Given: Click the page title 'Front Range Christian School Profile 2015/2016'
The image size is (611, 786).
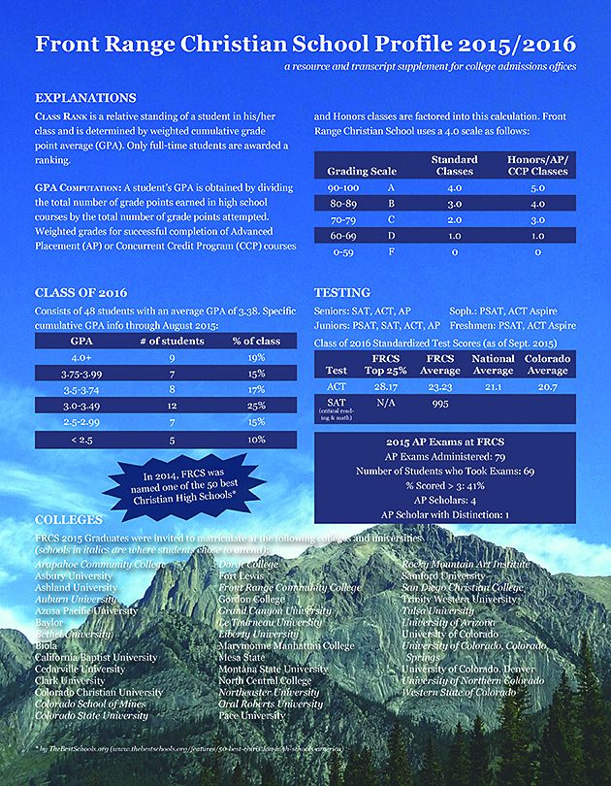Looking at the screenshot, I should coord(305,46).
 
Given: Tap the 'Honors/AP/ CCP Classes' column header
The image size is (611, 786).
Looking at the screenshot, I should coord(538,164).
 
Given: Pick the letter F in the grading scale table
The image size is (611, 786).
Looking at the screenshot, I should coord(390,251).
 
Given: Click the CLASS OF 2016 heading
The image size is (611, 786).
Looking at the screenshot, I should coord(80,292).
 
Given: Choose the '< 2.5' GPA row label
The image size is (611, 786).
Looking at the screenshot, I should coord(81,440).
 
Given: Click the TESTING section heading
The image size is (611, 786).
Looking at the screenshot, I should coord(342,292).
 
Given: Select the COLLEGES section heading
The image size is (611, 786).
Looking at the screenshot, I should coord(71,519).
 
